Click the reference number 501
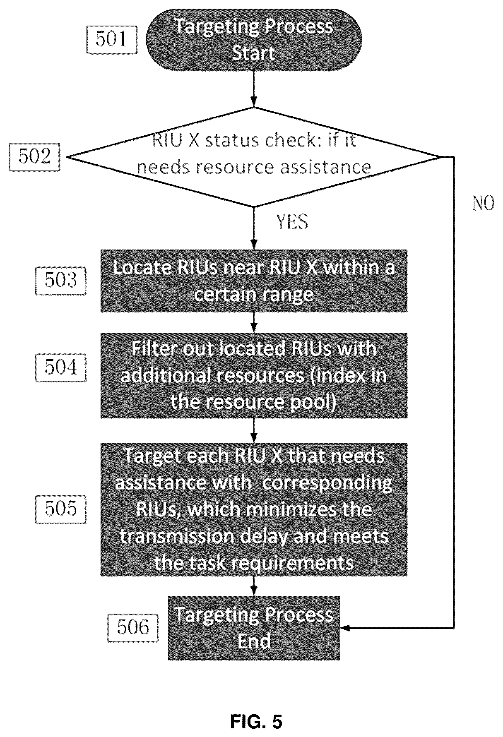click(111, 40)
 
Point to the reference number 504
click(61, 367)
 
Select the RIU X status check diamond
click(253, 157)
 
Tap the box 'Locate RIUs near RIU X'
click(254, 281)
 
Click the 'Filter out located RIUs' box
click(254, 376)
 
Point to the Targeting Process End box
click(254, 628)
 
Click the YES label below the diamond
click(292, 222)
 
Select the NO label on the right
click(483, 203)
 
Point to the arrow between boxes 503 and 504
click(254, 322)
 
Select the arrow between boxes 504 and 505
click(254, 430)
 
